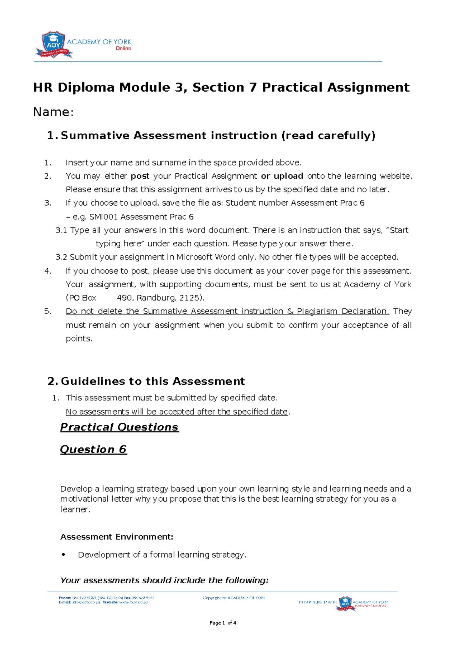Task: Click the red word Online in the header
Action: click(x=123, y=49)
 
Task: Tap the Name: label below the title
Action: click(x=53, y=112)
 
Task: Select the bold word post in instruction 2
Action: click(x=140, y=176)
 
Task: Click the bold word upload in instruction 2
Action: click(x=288, y=176)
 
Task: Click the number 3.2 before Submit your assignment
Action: click(x=61, y=257)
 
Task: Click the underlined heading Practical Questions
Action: click(x=119, y=427)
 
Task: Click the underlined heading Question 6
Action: click(x=93, y=449)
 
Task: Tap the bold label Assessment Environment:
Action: click(x=117, y=537)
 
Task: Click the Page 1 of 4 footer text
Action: click(x=223, y=623)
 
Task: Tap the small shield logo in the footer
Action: click(x=345, y=603)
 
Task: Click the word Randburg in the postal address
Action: click(x=156, y=298)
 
